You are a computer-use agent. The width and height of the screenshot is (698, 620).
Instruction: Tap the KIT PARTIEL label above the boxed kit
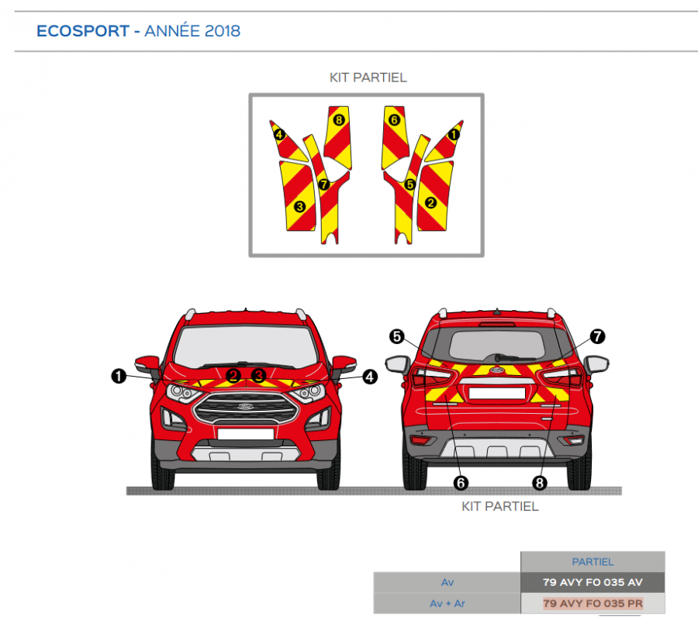click(x=368, y=77)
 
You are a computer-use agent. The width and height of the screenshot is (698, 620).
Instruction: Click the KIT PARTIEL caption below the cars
click(x=499, y=506)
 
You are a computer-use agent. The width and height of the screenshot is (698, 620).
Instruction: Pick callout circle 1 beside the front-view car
click(x=118, y=376)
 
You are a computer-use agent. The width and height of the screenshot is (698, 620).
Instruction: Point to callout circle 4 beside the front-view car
click(x=369, y=376)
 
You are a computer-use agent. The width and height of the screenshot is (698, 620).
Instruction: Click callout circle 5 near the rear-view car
click(x=396, y=336)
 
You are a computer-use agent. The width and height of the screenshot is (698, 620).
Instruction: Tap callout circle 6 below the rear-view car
click(x=461, y=482)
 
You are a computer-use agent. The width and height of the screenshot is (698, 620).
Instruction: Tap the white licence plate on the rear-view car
click(x=496, y=393)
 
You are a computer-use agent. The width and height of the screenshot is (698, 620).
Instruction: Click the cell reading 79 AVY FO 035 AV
click(x=593, y=581)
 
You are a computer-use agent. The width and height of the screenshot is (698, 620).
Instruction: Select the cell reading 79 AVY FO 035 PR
click(x=593, y=603)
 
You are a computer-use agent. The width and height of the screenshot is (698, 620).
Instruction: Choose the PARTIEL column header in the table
click(x=593, y=562)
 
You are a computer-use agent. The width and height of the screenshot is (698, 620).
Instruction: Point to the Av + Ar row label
click(x=447, y=603)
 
